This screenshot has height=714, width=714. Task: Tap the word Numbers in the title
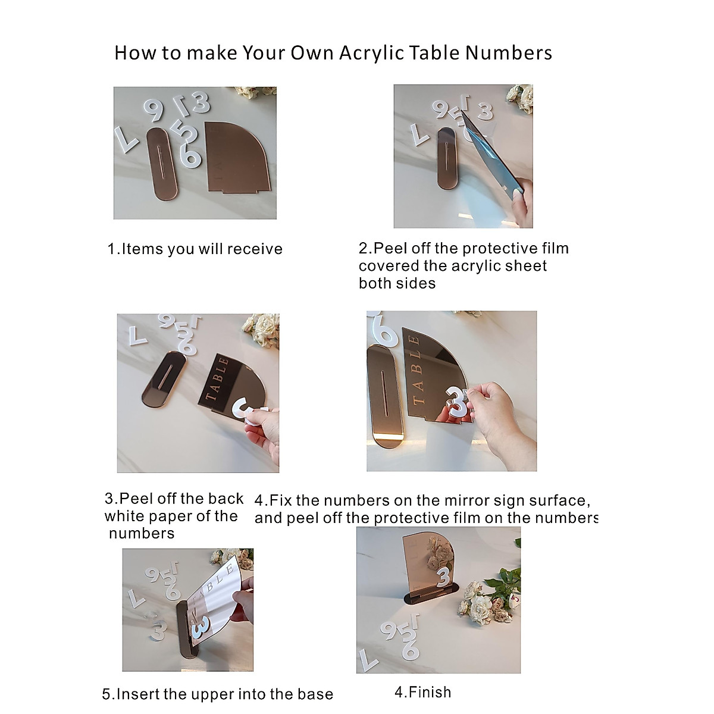509,53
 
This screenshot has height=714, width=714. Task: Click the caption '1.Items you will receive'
195,249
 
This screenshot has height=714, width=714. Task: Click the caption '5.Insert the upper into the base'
217,694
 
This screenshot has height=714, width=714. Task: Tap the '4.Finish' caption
422,692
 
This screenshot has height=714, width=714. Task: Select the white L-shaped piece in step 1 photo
126,139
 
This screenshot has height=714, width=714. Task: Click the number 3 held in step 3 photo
247,411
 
